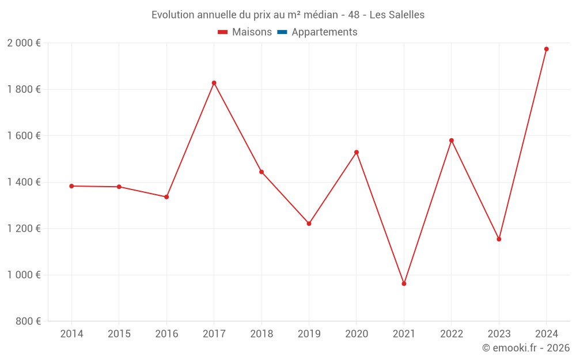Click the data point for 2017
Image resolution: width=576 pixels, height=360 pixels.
coord(214,83)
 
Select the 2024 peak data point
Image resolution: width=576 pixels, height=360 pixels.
coord(546,49)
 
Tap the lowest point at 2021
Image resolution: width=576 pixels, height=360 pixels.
coord(404,283)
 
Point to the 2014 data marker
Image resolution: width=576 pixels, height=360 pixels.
coord(71,186)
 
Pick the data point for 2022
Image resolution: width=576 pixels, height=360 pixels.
coord(451,140)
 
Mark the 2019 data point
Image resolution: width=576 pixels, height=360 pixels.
coord(309,223)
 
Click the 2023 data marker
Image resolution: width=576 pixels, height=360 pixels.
coord(499,239)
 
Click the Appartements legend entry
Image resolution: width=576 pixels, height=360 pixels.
coord(324,32)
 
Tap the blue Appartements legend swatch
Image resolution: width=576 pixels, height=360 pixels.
coord(282,32)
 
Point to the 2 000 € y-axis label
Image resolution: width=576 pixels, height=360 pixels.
coord(24,43)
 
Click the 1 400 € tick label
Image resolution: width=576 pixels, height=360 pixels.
coord(24,182)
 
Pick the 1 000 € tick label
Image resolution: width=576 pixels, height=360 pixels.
coord(24,275)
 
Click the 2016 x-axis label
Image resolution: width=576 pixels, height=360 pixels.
coord(166,334)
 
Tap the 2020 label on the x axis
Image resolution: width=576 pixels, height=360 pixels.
coord(356,334)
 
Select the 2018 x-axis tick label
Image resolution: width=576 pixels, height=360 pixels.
coord(262,334)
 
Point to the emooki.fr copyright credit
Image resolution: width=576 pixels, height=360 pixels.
coord(526,348)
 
